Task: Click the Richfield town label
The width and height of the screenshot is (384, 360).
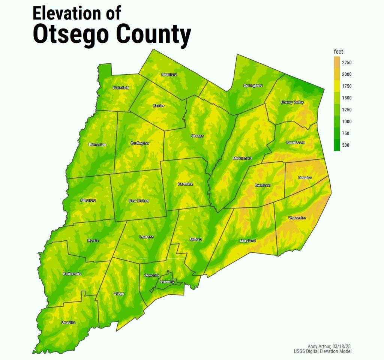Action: click(x=169, y=75)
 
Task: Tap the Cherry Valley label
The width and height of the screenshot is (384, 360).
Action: click(x=292, y=102)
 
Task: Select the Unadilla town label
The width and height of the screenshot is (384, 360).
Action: click(x=68, y=322)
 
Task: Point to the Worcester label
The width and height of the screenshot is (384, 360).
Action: click(x=297, y=218)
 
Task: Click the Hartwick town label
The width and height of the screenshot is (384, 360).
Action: click(x=185, y=184)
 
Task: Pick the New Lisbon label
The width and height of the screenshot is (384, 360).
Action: click(x=139, y=201)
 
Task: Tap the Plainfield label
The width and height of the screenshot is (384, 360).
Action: click(x=121, y=88)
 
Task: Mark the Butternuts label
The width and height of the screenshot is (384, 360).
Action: click(x=72, y=274)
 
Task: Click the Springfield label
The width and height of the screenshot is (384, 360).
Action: click(x=253, y=85)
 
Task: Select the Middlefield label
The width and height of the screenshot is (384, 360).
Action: click(x=242, y=158)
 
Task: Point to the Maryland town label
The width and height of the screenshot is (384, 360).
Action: click(x=247, y=241)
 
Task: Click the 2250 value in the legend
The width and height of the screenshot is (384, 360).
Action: click(x=346, y=62)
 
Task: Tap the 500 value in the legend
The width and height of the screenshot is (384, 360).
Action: click(x=345, y=145)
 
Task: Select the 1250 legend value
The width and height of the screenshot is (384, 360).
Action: click(x=346, y=109)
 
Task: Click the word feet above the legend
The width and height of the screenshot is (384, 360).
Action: click(x=338, y=52)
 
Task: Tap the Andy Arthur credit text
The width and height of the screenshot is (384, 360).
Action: click(x=329, y=346)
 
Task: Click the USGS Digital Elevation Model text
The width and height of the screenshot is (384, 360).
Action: click(x=322, y=351)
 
